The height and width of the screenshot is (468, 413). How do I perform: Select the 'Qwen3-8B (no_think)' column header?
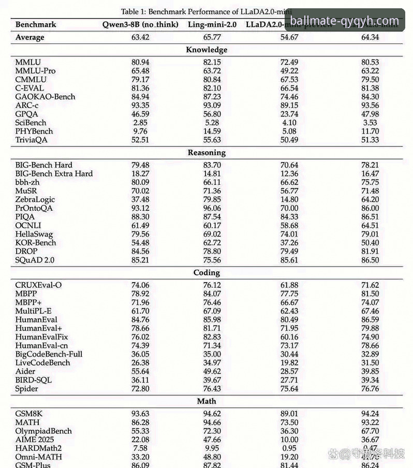tap(140, 24)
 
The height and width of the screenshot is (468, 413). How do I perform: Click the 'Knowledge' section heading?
tap(206, 50)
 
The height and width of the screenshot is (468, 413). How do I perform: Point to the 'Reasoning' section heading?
tap(206, 153)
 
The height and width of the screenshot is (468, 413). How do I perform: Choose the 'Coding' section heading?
tap(206, 272)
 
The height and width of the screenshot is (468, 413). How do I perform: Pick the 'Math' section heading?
tap(206, 401)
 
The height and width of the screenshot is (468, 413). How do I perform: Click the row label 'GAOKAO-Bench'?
tap(45, 96)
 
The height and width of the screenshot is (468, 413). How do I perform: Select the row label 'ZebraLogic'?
tap(35, 199)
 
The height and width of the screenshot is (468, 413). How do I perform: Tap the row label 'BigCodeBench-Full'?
tap(49, 354)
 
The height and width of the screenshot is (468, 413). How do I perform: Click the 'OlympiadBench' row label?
tap(43, 431)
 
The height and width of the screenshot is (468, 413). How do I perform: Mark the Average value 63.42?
tap(140, 37)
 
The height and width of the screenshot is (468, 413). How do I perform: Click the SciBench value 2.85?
tap(140, 123)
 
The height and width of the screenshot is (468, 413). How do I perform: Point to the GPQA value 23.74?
tap(288, 114)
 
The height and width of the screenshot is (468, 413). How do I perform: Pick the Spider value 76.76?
tap(370, 389)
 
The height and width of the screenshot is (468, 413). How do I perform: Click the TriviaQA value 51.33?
tap(370, 140)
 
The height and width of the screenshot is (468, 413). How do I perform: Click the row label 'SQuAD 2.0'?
tap(34, 260)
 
